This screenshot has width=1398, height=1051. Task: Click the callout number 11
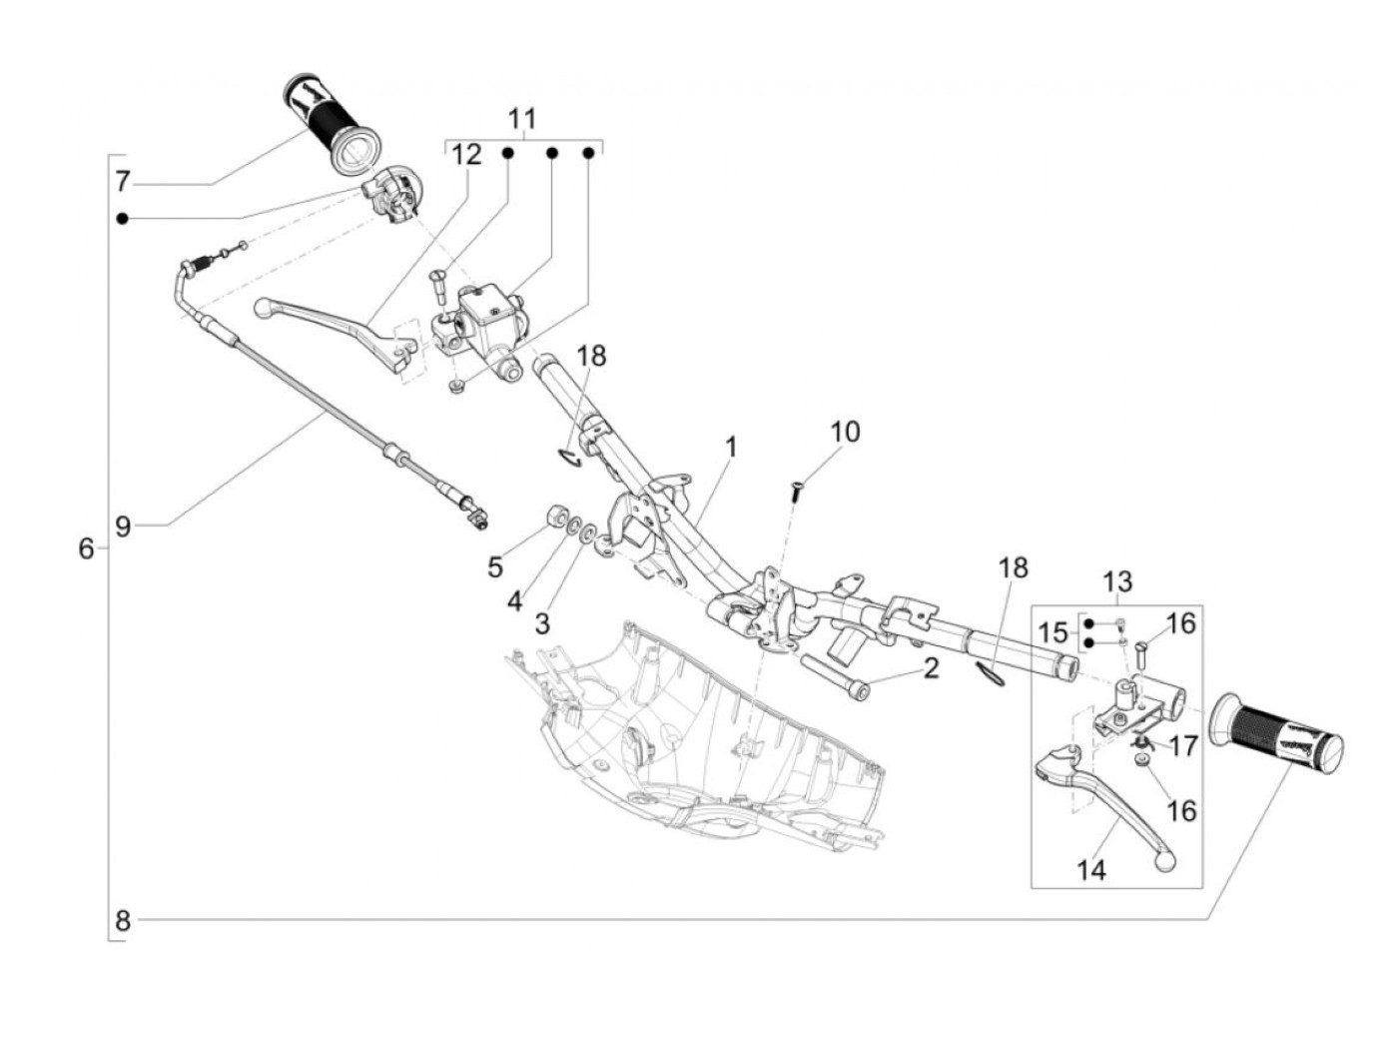[x=521, y=119]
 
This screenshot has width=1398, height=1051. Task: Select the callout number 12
[x=465, y=154]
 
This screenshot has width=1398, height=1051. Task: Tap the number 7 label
[x=122, y=183]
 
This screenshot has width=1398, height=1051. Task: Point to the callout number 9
[x=122, y=526]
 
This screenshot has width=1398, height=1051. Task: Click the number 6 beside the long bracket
[x=86, y=547]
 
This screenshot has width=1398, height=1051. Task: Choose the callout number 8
[x=122, y=920]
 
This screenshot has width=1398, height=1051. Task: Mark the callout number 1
[x=731, y=448]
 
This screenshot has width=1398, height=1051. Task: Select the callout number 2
[x=931, y=668]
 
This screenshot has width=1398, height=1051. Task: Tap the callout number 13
[x=1117, y=581]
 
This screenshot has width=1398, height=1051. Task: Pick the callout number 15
[x=1052, y=633]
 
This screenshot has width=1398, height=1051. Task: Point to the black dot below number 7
[x=123, y=219]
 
